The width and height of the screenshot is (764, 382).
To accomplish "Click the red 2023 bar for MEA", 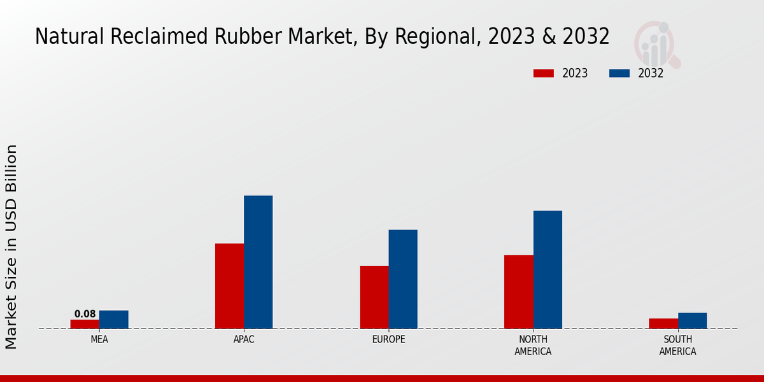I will pos(85,324).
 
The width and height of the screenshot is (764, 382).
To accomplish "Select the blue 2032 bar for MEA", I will pos(113,320).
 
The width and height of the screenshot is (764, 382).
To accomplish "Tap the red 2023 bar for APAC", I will pos(229,286).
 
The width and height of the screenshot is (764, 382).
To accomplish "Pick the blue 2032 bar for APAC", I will pos(258,262).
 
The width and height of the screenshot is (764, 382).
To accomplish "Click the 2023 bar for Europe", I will pos(374,297).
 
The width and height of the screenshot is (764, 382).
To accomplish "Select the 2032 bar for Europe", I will pos(403,279).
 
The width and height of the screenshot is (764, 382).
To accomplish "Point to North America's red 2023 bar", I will pos(518,292).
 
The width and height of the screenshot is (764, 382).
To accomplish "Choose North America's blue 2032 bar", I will pos(548,269).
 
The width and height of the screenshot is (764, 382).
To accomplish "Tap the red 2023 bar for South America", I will pos(663,323).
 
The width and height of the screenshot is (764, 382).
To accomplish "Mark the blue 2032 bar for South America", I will pos(692,321).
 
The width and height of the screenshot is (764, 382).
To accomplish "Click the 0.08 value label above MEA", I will pos(85,314).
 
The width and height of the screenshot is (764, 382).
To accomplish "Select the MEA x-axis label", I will pos(99,340).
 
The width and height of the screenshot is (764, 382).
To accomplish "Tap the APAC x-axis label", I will pos(244,340).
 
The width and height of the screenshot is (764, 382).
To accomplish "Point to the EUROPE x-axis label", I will pos(388,340).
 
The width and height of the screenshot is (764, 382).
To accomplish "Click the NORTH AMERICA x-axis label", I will pos(533,346).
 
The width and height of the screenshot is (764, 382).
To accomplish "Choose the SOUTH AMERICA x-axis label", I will pos(677,346).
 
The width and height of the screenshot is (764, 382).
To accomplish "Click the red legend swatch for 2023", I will pos(543,73).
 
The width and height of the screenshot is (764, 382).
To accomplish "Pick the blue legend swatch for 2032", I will pos(619,73).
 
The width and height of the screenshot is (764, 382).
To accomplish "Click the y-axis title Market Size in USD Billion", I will pos(11,246).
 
